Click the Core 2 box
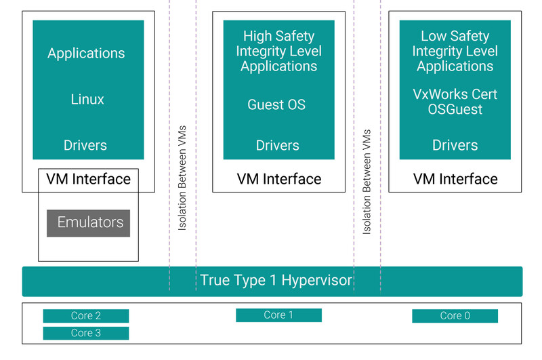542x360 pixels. pyautogui.click(x=86, y=316)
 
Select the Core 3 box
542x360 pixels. pyautogui.click(x=86, y=333)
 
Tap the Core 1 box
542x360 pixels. pyautogui.click(x=278, y=315)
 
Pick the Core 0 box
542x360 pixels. pyautogui.click(x=455, y=316)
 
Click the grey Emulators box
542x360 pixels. pyautogui.click(x=89, y=223)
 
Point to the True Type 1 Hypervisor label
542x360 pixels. pyautogui.click(x=276, y=280)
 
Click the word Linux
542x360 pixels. pyautogui.click(x=87, y=100)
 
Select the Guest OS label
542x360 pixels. pyautogui.click(x=276, y=105)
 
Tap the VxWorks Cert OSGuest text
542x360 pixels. pyautogui.click(x=455, y=102)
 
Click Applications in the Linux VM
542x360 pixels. pyautogui.click(x=86, y=54)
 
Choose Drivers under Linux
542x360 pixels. pyautogui.click(x=85, y=145)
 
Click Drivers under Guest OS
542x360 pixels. pyautogui.click(x=278, y=145)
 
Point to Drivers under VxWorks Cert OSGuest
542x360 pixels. pyautogui.click(x=455, y=145)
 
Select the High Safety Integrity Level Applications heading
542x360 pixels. pyautogui.click(x=278, y=51)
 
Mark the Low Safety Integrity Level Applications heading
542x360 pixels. pyautogui.click(x=455, y=51)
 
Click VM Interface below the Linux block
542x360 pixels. pyautogui.click(x=88, y=179)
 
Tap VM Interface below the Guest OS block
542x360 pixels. pyautogui.click(x=279, y=180)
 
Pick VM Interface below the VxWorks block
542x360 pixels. pyautogui.click(x=455, y=180)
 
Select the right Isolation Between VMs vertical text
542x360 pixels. pyautogui.click(x=367, y=181)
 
